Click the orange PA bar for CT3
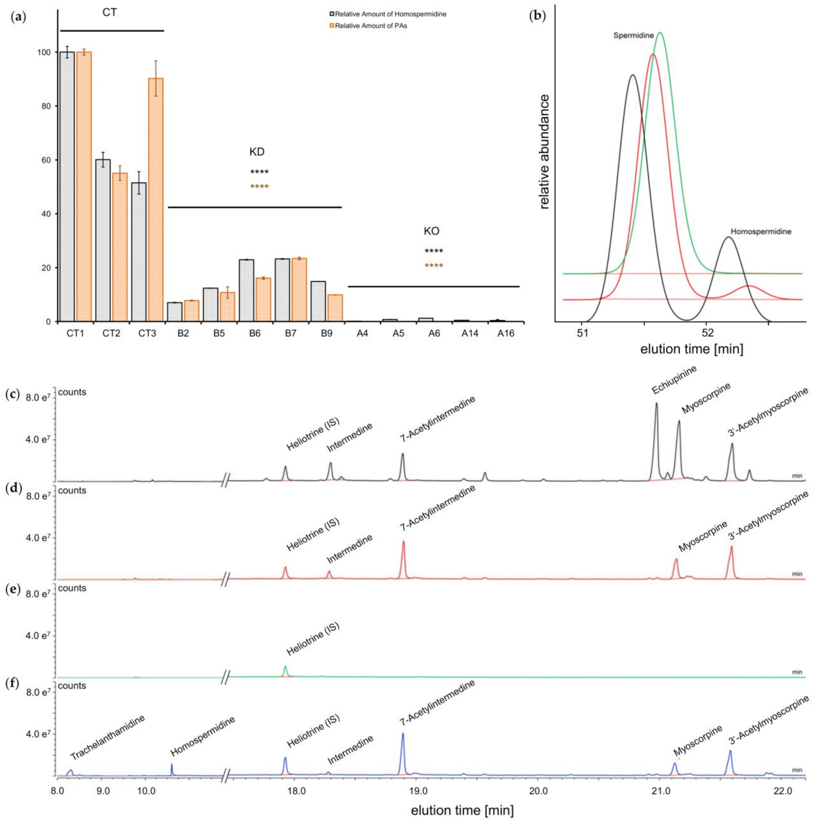click(x=156, y=200)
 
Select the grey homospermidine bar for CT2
click(x=103, y=241)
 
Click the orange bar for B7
click(x=299, y=290)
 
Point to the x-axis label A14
click(x=470, y=333)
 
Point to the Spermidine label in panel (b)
click(x=633, y=36)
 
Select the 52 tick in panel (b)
click(x=707, y=333)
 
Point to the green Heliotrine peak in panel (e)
click(x=285, y=667)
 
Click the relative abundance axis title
click(x=544, y=152)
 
